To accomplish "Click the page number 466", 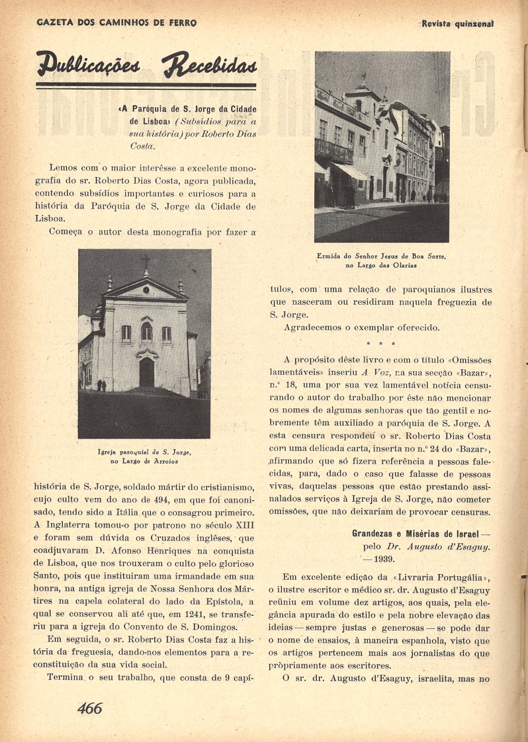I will point(90,708).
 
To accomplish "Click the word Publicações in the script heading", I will point(89,65).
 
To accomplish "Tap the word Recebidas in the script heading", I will point(209,65).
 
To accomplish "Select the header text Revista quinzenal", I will point(458,24).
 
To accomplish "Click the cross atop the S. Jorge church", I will point(145,260).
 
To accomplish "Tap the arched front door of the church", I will point(146,372).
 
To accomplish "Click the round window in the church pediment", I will point(146,290).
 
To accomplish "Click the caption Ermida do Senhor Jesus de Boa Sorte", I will point(381,256).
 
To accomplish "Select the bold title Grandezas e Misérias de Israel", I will point(416,533).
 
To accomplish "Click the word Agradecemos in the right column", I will point(312,327).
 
